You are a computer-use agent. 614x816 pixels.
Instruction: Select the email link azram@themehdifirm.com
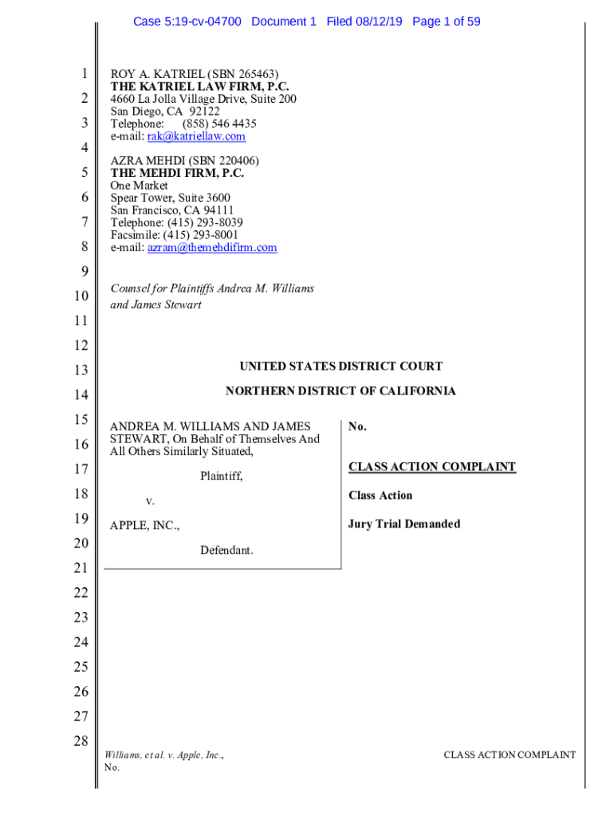tap(212, 248)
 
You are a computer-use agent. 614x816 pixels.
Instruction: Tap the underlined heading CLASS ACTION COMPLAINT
tap(431, 467)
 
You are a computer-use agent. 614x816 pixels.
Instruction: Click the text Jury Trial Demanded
tap(403, 524)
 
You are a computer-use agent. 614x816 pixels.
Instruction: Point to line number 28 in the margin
tap(81, 740)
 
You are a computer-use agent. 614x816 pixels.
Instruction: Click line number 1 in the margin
tap(84, 74)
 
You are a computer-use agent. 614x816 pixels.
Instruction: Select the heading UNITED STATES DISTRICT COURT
tap(340, 367)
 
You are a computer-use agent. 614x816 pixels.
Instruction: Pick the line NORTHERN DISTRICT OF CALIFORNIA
tap(340, 391)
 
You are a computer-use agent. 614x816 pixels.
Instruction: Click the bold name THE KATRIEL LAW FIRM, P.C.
tap(199, 87)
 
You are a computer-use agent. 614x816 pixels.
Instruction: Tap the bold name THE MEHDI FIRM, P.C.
tap(177, 173)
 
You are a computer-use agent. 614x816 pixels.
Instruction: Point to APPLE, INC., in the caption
tap(144, 526)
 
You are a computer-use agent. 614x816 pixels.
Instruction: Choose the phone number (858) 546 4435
tap(219, 124)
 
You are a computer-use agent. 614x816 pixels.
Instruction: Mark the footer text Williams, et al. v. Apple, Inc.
tap(163, 755)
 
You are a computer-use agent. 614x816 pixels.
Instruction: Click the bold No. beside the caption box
tap(357, 427)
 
